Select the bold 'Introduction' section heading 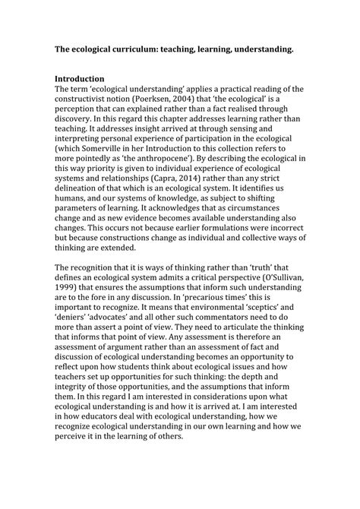[x=84, y=78]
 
